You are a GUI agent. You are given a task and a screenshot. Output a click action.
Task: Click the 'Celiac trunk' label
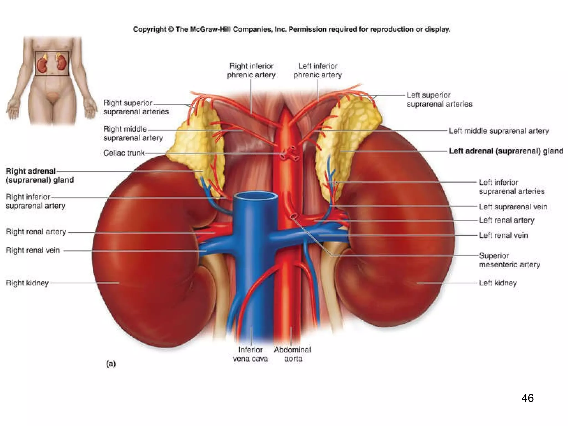point(124,153)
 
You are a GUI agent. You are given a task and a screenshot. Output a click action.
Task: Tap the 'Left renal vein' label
point(503,235)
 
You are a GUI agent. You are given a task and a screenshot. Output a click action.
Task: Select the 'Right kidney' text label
point(27,283)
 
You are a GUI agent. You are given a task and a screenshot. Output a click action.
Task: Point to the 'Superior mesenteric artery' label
point(509,260)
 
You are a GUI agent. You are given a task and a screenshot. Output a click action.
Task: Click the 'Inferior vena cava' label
point(250,354)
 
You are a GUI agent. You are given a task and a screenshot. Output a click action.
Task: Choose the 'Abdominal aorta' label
point(293,354)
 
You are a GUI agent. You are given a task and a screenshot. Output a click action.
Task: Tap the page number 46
point(527,398)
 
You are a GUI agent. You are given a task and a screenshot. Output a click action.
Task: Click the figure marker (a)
point(111,364)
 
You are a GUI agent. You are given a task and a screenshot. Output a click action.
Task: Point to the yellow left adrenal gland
point(347,133)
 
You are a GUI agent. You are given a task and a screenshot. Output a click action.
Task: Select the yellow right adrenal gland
point(200,144)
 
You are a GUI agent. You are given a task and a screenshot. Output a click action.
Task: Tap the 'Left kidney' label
point(498,283)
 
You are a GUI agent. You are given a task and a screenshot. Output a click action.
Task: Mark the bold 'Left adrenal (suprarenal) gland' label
point(506,151)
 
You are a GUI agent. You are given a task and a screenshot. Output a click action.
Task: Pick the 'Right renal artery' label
point(36,232)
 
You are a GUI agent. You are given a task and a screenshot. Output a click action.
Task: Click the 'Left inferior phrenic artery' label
point(318,70)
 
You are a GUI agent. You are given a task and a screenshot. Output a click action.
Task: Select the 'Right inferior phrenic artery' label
point(251,70)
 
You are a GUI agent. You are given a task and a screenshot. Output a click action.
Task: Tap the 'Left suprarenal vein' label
point(513,207)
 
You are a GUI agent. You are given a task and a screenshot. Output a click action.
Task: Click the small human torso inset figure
point(52,80)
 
